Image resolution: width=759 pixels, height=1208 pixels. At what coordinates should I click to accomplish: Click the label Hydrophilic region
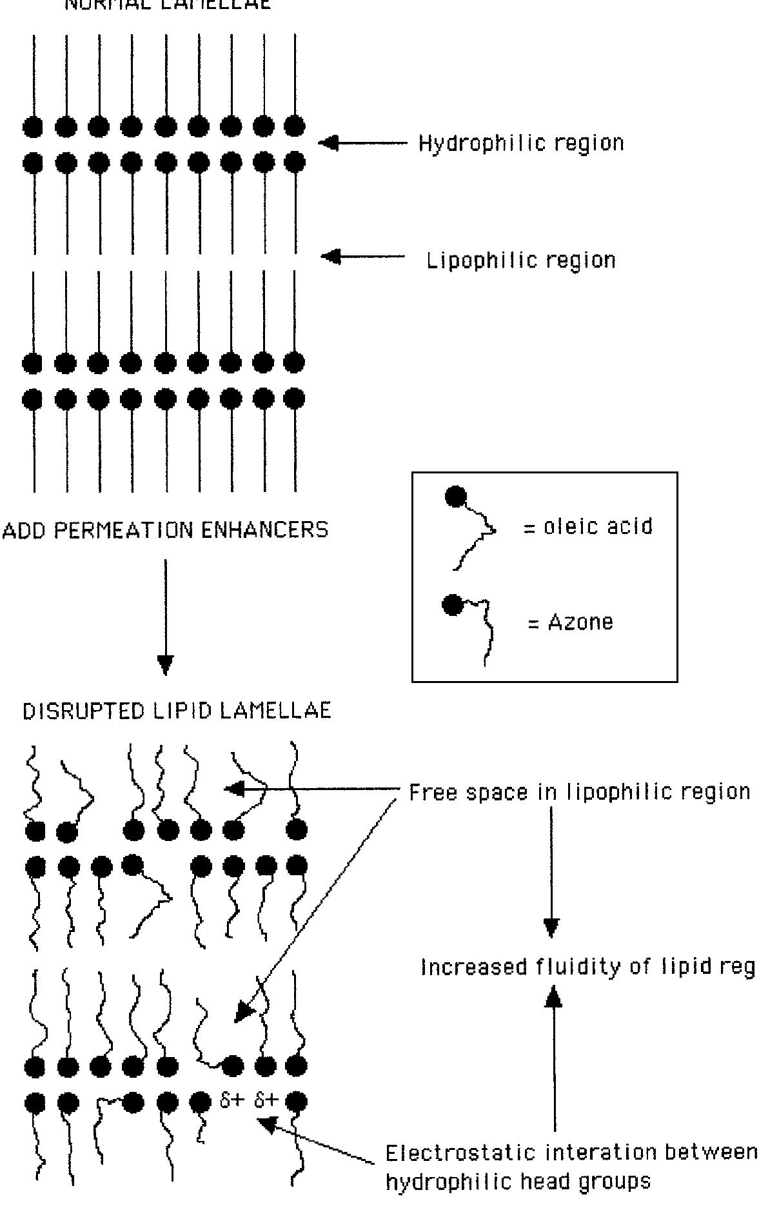[x=521, y=143]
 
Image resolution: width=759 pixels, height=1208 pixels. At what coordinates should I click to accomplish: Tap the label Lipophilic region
[x=521, y=261]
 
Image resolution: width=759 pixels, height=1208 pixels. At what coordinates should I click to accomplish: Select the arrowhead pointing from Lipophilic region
[x=330, y=257]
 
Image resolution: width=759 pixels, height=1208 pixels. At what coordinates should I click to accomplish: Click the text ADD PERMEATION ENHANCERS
[x=166, y=530]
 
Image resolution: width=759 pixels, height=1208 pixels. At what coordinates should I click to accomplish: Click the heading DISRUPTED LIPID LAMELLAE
[x=177, y=711]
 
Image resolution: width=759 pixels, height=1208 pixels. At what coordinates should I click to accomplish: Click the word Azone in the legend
[x=580, y=622]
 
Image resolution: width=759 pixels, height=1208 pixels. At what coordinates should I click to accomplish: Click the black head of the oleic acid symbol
[x=455, y=497]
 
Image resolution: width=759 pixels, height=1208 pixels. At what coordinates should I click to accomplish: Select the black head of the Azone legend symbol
[x=452, y=605]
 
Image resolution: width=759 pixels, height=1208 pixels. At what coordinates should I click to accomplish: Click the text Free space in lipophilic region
[x=580, y=792]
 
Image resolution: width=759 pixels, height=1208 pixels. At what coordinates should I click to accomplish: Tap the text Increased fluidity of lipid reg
[x=587, y=967]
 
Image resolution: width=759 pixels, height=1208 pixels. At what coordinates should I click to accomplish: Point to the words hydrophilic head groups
[x=518, y=1182]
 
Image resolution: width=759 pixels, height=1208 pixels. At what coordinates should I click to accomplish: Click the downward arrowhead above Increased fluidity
[x=551, y=927]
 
